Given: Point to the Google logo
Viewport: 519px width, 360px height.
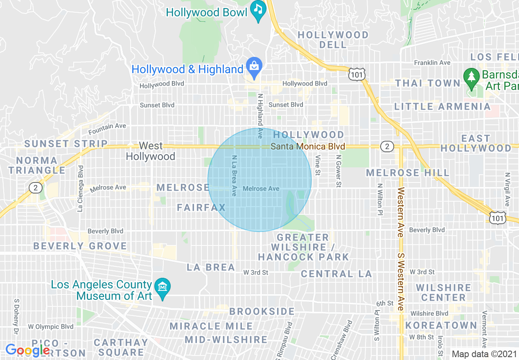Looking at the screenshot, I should (x=27, y=350).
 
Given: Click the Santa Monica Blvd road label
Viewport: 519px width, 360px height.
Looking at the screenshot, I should (x=308, y=146).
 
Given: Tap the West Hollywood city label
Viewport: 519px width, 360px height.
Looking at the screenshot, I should (x=150, y=151).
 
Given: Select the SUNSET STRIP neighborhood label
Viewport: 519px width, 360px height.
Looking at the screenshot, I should (x=66, y=144).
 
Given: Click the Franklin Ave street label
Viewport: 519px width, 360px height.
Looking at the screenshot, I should (x=432, y=63).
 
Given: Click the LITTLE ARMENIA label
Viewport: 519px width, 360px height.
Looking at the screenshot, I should (x=442, y=107).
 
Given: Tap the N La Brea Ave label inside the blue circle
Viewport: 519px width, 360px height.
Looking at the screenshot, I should (x=234, y=175).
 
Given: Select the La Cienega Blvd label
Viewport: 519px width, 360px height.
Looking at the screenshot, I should (x=80, y=189).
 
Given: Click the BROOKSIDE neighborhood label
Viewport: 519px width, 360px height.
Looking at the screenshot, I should (x=262, y=311).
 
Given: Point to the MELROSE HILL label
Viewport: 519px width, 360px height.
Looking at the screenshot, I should (x=408, y=173).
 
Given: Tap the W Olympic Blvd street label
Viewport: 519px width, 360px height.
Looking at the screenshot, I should (x=51, y=326).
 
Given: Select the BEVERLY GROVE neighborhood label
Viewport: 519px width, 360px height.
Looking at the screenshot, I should (x=80, y=246).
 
